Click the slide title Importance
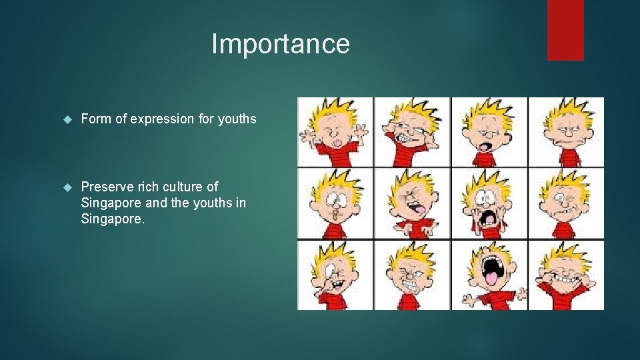coord(280,44)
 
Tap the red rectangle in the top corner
coord(565,30)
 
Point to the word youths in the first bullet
coord(237,119)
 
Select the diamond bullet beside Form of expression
coord(67,120)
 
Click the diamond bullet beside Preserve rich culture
coord(67,187)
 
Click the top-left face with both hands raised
coord(335,132)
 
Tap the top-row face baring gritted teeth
coord(412,132)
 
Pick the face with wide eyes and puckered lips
coord(335,203)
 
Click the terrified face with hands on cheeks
coord(489,203)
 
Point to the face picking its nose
coord(335,275)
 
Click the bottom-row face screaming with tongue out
coord(489,275)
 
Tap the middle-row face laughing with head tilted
coord(412,203)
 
